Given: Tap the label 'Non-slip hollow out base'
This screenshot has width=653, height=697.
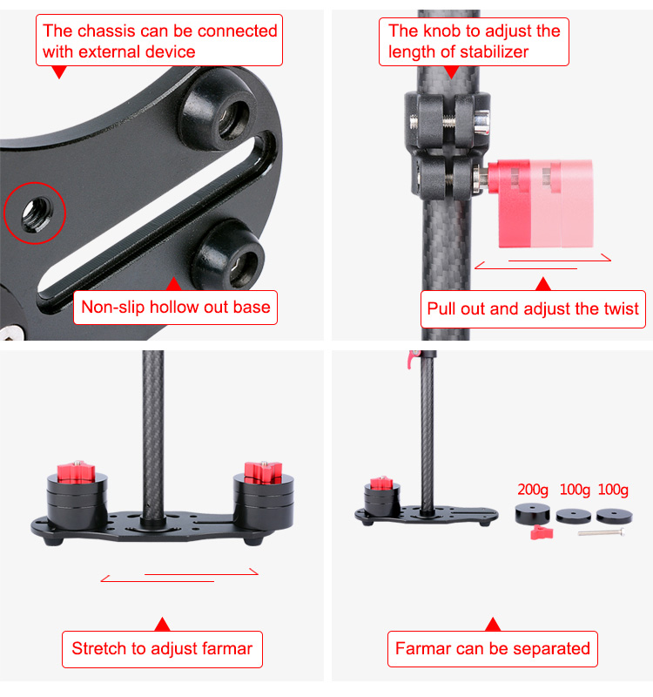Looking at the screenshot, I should pos(176,307).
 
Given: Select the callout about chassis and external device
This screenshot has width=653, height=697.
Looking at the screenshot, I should pos(160,41).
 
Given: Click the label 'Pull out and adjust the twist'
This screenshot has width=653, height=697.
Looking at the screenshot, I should pos(533,308).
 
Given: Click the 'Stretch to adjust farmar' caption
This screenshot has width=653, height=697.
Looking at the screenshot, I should pos(162,648).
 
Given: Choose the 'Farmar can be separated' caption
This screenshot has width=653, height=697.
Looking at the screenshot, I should pos(492,648).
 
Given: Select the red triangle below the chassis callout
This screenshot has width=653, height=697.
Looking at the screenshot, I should pos(58,72).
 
